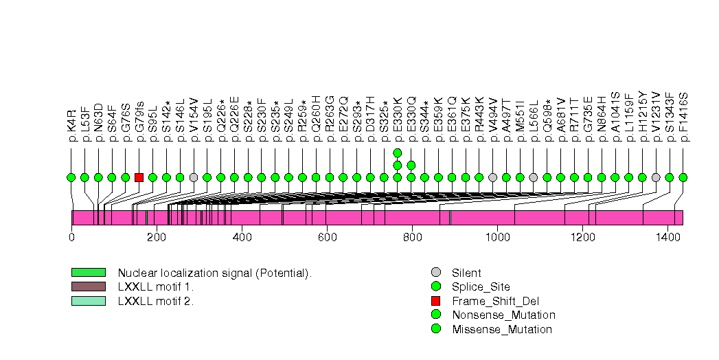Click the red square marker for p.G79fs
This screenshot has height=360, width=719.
tap(139, 177)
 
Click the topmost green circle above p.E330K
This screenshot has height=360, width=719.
tap(397, 153)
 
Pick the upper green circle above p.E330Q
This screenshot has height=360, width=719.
tap(411, 165)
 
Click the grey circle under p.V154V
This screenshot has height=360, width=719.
tap(194, 177)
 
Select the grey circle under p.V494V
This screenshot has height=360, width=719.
tap(492, 177)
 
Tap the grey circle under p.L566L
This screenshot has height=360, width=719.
tap(534, 177)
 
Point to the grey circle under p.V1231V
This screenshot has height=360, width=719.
tap(656, 177)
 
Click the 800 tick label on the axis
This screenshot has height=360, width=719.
tap(412, 237)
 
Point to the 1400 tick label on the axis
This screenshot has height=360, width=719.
tap(667, 237)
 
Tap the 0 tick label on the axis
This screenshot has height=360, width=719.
tap(71, 237)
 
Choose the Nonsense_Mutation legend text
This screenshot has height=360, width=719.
tap(503, 315)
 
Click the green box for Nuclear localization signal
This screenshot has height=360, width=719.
tap(88, 273)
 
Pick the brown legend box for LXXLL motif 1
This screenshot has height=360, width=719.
tap(88, 286)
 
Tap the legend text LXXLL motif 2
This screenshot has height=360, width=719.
tap(156, 301)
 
